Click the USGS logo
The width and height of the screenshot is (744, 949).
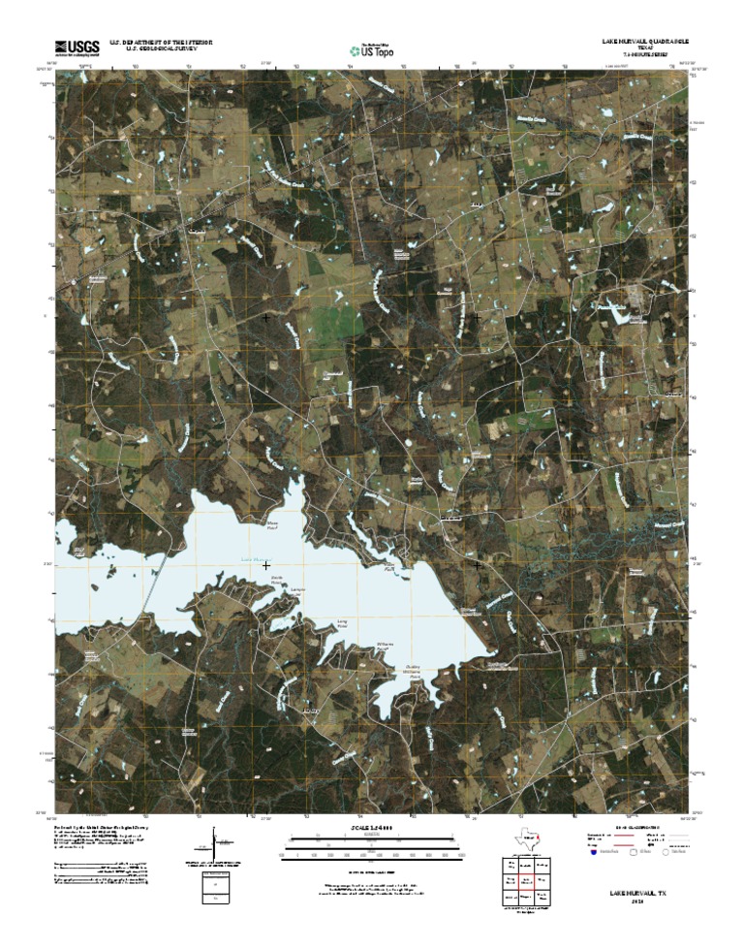pyautogui.click(x=77, y=47)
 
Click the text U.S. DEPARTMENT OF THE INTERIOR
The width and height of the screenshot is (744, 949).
pyautogui.click(x=160, y=43)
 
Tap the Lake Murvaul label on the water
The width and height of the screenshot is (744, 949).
pyautogui.click(x=252, y=559)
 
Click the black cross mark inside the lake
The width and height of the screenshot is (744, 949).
pyautogui.click(x=265, y=564)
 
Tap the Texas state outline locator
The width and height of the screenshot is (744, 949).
pyautogui.click(x=524, y=838)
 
